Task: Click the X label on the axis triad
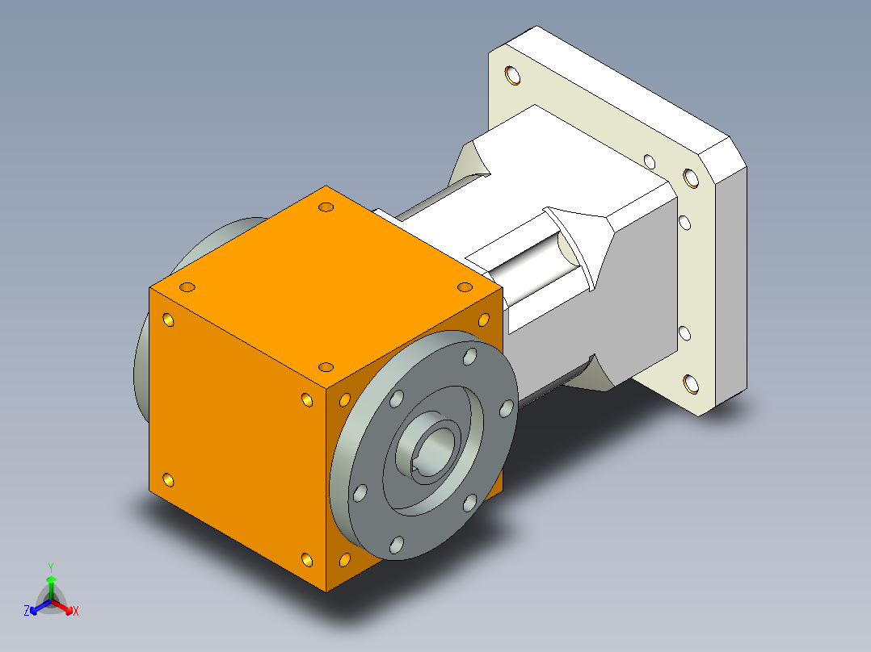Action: coord(76,612)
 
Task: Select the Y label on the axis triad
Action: coord(50,567)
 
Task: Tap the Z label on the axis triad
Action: coord(27,612)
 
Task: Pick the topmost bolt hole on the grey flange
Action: coord(469,356)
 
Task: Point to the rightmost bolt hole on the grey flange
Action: coord(507,408)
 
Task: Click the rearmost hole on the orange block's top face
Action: coord(326,207)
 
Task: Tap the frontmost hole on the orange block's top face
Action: coord(326,367)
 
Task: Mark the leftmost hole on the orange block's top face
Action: coord(187,287)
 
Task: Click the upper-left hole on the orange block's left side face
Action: coord(169,320)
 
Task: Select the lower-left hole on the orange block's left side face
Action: coord(169,481)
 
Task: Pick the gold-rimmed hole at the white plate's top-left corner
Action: coord(511,76)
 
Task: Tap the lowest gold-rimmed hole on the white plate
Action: coord(690,384)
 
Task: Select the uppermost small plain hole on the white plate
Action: coord(649,161)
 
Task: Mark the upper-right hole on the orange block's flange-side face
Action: coord(484,319)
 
